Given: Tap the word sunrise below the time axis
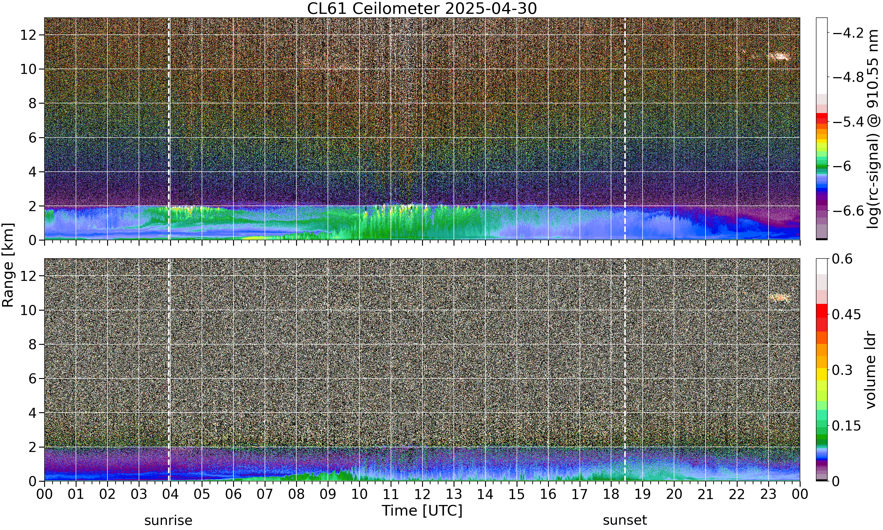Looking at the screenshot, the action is coord(168,520).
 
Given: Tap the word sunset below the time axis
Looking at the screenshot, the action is coord(625,520).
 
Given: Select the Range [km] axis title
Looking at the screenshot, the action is coord(8,265).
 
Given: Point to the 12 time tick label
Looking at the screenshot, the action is coord(422,494).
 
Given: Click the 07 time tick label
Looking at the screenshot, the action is coord(265,494).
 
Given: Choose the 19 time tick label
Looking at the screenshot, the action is coord(643,494).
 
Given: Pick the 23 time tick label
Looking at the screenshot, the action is coord(769,494).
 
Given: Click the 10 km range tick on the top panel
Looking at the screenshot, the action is coord(28,69).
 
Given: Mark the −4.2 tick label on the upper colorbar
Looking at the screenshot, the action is coord(848,33).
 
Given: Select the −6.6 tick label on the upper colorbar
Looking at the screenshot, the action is coord(848,211).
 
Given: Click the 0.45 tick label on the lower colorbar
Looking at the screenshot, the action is coord(847,314).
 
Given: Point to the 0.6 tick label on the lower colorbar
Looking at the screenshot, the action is coord(842,259).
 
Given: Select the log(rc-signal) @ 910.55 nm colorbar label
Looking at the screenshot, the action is coord(873,129).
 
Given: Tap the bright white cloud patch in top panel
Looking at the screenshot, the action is coord(779,57).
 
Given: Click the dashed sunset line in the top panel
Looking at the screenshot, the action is coord(625,129).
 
